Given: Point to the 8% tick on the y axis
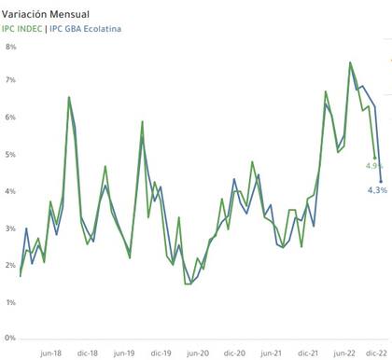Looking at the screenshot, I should (11, 46).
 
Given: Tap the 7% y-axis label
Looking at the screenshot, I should (11, 82).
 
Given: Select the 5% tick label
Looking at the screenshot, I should (11, 155).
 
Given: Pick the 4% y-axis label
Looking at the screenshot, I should (11, 191).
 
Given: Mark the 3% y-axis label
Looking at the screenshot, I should (11, 228).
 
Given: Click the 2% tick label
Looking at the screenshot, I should (11, 265).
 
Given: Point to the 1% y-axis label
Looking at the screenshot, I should (11, 302).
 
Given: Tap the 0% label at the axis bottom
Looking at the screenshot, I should (11, 339).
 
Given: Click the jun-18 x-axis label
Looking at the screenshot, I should (51, 353).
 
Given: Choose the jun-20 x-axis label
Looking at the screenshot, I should (198, 353).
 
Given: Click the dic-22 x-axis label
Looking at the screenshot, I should (376, 353).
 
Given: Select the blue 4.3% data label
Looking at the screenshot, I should (376, 190).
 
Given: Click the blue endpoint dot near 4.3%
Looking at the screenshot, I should (381, 181).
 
